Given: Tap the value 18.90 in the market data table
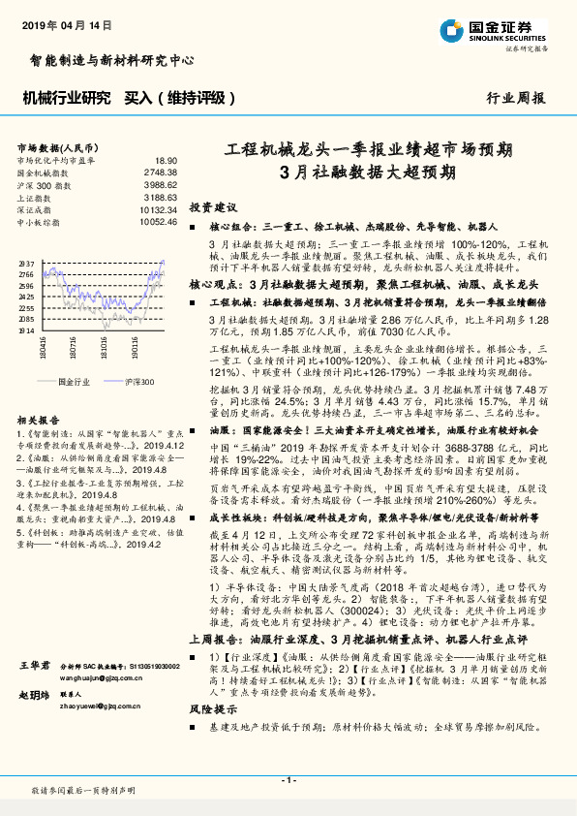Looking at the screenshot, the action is (166, 160).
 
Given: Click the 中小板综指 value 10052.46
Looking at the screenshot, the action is (158, 222).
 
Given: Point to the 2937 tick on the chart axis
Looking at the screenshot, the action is (26, 264).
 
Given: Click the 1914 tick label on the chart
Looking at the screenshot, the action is (26, 330).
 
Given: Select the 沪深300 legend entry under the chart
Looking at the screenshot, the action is (138, 382).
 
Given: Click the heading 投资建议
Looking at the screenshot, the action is (212, 208).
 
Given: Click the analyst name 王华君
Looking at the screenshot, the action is (33, 666).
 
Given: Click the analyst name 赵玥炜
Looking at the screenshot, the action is (33, 695).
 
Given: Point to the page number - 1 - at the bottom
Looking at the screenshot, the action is (288, 780).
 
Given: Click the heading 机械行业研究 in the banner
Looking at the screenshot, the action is (66, 98).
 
